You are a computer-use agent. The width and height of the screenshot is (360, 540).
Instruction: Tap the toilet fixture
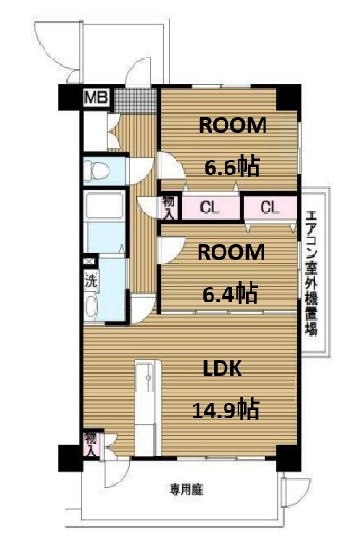point(96,169)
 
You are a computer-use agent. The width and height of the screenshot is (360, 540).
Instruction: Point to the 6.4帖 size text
point(230,293)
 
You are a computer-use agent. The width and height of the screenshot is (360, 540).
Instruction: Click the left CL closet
point(210,207)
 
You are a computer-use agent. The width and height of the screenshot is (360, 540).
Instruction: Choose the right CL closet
point(269,207)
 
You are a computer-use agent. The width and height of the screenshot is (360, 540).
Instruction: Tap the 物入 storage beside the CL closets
point(168,206)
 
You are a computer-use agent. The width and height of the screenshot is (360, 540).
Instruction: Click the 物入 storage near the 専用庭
point(91,444)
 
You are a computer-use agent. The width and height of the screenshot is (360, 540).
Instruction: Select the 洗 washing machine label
point(91,277)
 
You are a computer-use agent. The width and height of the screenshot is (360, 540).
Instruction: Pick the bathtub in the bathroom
point(97,221)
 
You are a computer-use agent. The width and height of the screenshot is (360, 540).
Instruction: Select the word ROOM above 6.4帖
point(230,252)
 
